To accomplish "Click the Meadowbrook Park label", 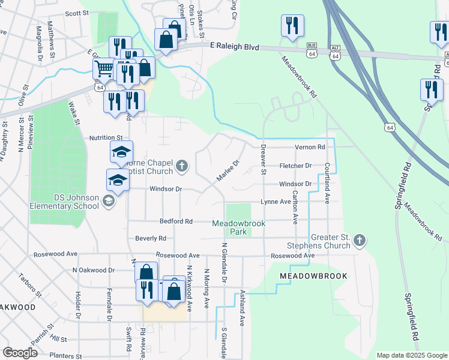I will [238, 227].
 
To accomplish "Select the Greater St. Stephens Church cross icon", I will [359, 240].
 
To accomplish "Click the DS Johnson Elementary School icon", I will [108, 200].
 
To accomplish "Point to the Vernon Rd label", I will [310, 147].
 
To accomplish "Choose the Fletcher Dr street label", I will [296, 166].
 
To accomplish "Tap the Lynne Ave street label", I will [276, 202].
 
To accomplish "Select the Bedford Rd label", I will [176, 221].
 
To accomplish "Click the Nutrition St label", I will [106, 137].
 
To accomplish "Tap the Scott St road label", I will [77, 13].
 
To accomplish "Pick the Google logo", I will [20, 353].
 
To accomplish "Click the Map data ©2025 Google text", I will [411, 355].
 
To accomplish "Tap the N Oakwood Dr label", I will [93, 271].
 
